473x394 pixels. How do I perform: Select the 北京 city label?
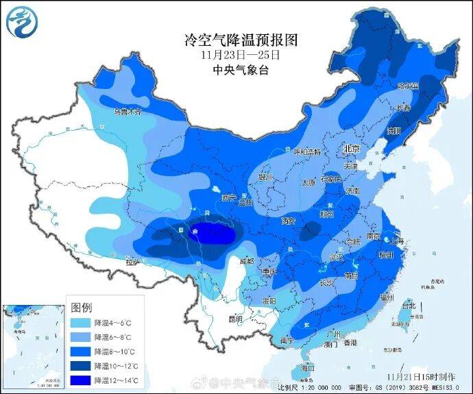pyautogui.click(x=352, y=149)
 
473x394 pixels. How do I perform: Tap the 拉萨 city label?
pyautogui.click(x=132, y=262)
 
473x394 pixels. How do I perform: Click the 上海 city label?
pyautogui.click(x=396, y=241)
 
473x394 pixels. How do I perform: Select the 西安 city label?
pyautogui.click(x=288, y=221)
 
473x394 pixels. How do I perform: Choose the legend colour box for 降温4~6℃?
pyautogui.click(x=80, y=321)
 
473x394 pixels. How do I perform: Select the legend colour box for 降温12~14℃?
pyautogui.click(x=80, y=380)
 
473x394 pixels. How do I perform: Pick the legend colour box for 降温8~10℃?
pyautogui.click(x=80, y=351)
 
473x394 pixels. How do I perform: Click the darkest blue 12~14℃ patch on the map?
pyautogui.click(x=211, y=234)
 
